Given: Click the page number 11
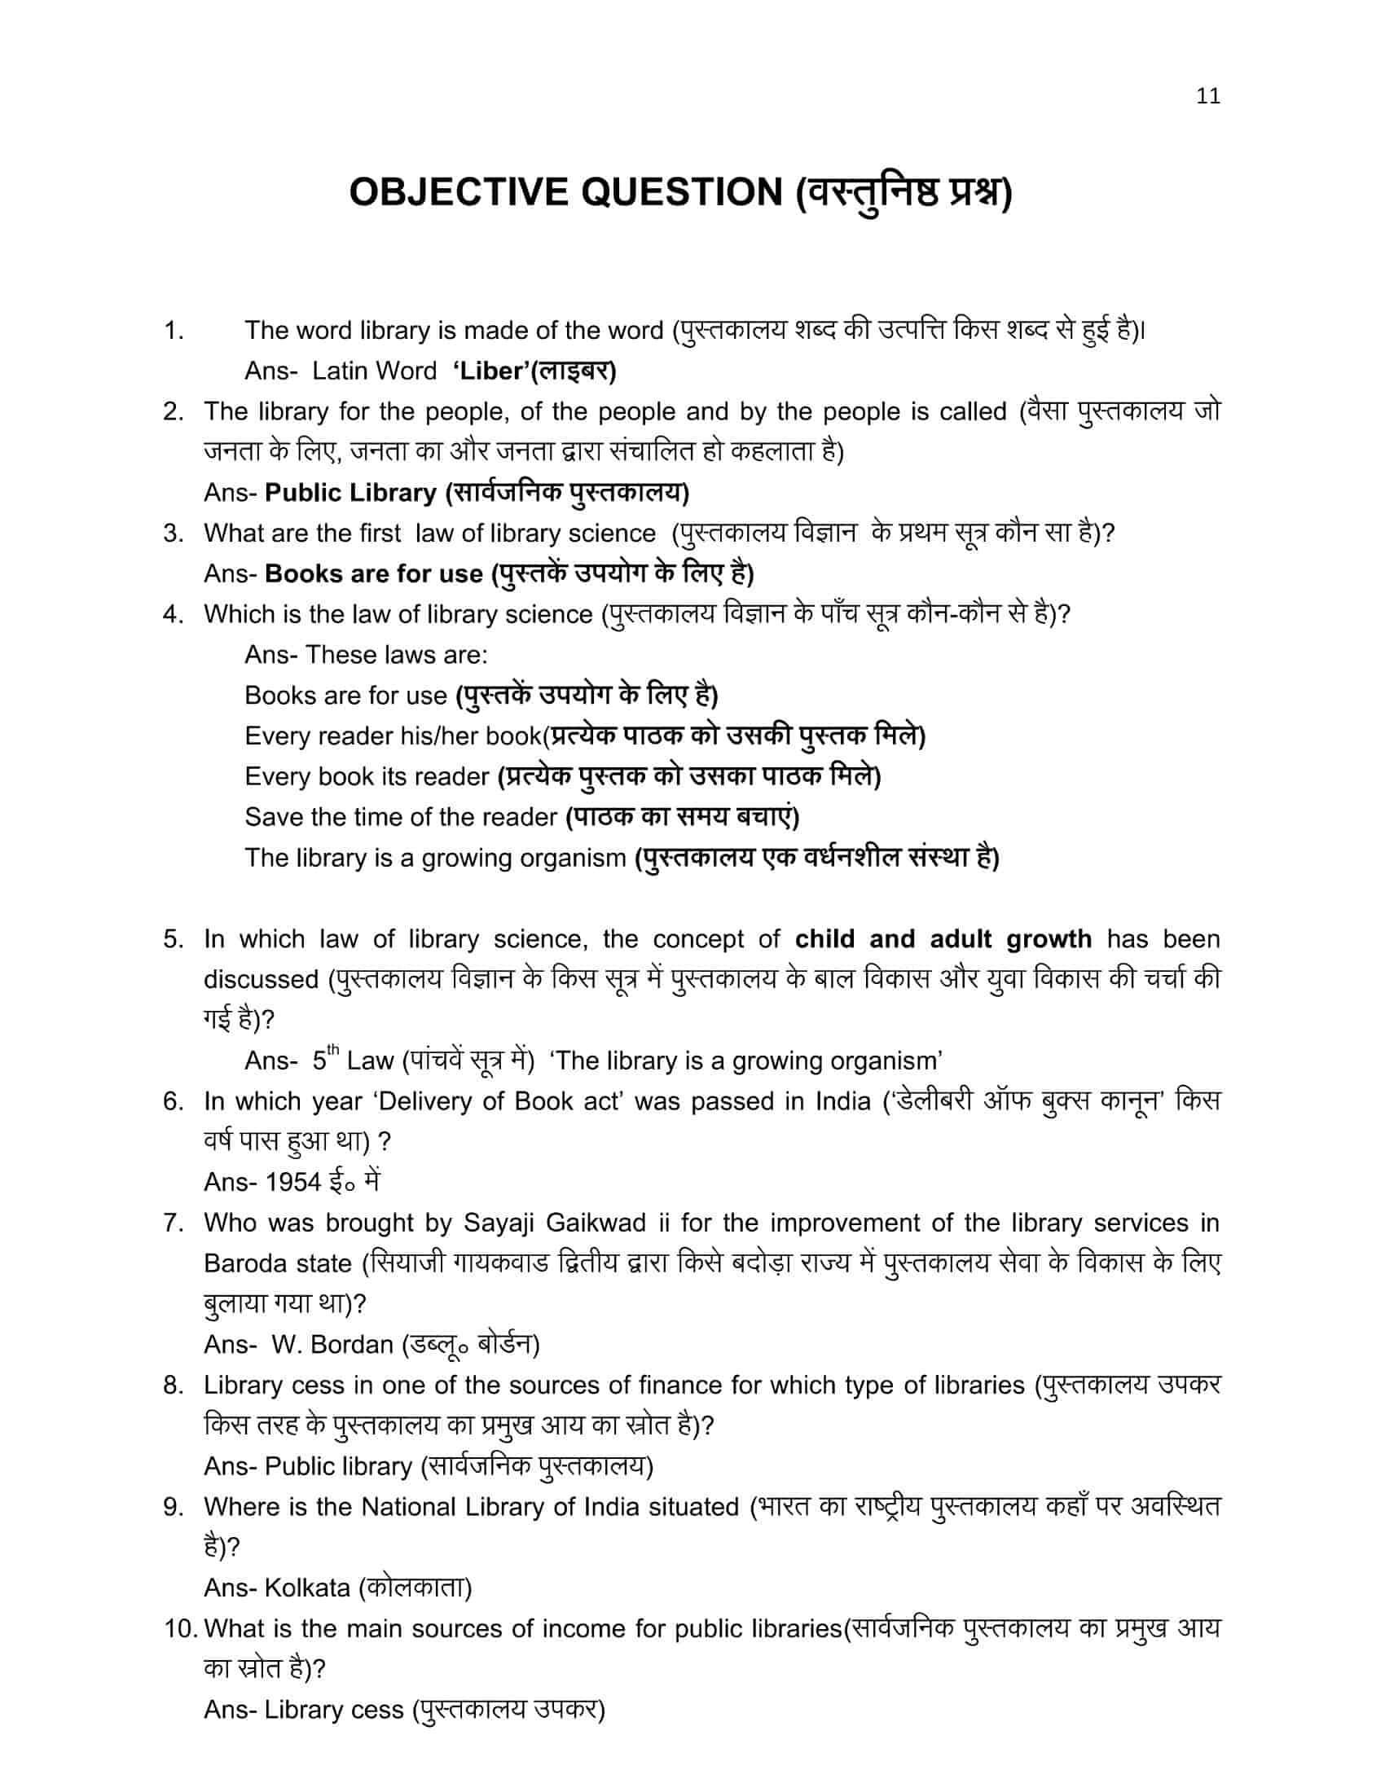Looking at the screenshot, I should [1207, 96].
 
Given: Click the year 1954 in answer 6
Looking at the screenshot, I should [293, 1182].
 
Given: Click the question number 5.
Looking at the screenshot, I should [173, 938].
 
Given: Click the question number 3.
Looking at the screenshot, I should [173, 534].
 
